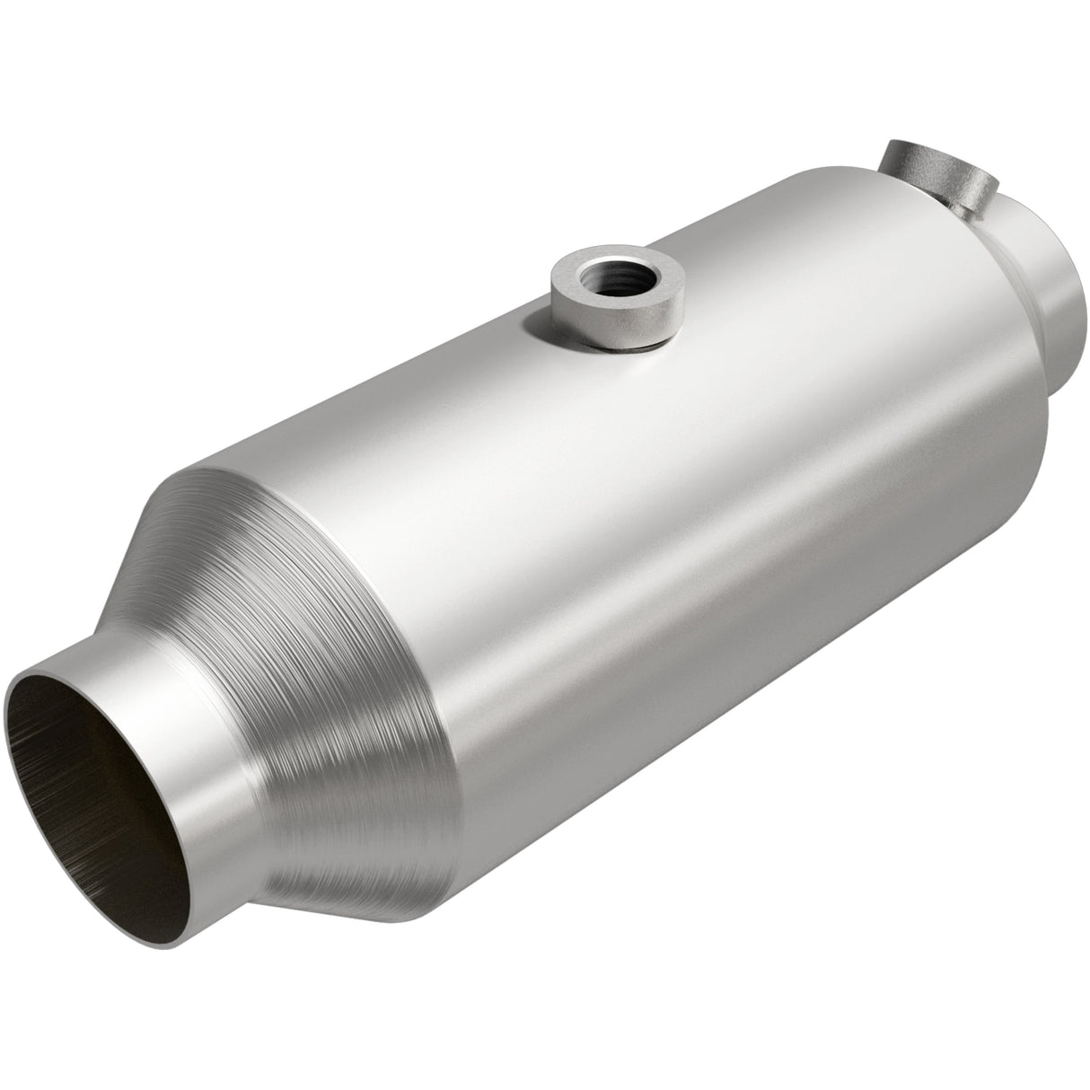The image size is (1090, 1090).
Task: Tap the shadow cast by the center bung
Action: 629,352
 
